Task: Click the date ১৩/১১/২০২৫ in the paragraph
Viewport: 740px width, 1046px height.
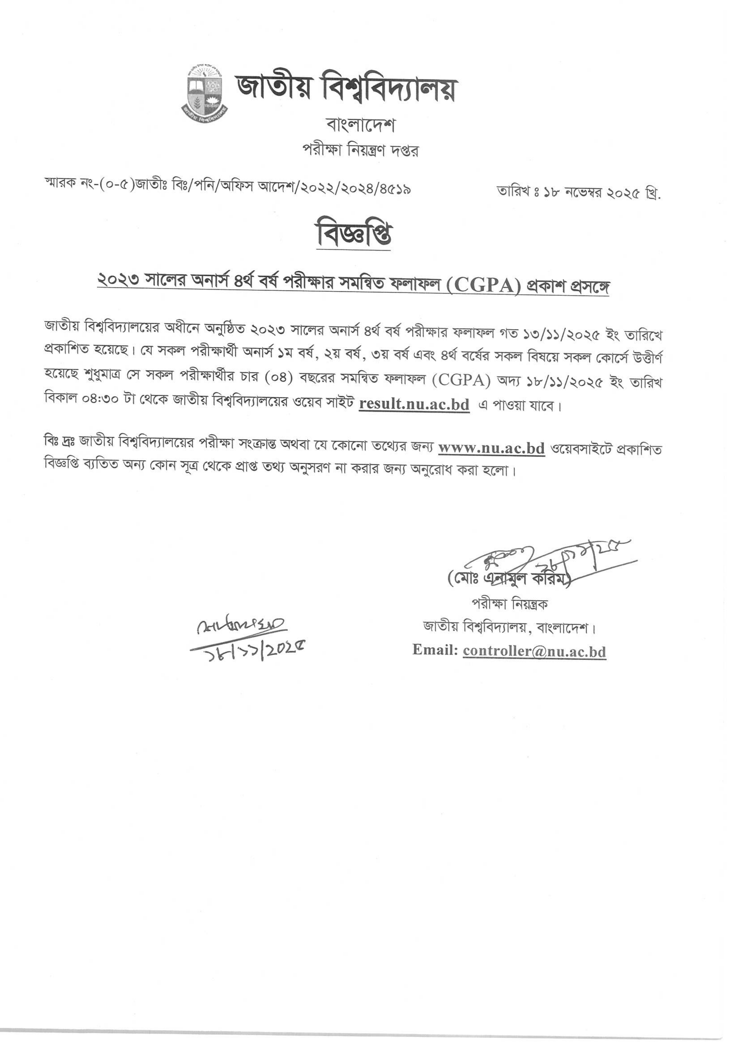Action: (x=560, y=335)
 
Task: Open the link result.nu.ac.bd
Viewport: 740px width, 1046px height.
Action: (x=414, y=405)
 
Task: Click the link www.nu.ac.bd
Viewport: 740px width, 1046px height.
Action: (x=491, y=449)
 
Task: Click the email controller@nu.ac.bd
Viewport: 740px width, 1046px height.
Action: (x=534, y=651)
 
